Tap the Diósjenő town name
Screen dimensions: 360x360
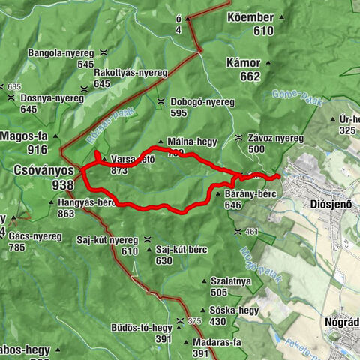330,203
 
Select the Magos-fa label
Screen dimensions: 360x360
24,136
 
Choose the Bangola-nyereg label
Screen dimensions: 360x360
60,53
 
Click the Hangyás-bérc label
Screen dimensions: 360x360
85,202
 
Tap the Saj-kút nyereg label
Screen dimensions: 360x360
107,240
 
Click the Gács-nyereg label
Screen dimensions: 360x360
35,235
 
